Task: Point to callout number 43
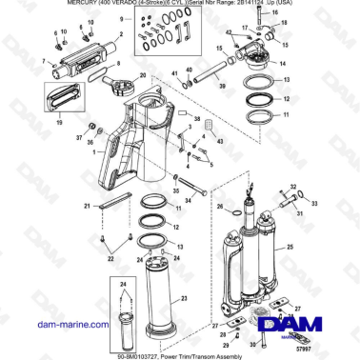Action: point(221,141)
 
